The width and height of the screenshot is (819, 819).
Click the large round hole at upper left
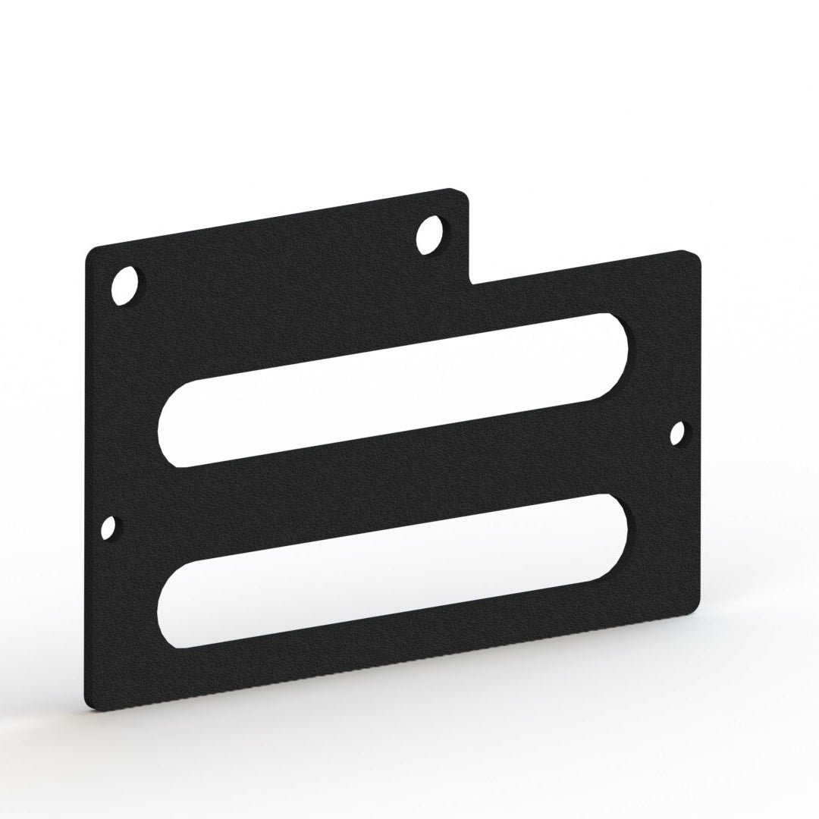point(126,286)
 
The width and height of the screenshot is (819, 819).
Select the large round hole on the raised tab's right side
point(431,234)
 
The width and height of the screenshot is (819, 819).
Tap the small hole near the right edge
point(679,433)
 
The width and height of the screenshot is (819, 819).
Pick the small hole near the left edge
point(109,528)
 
